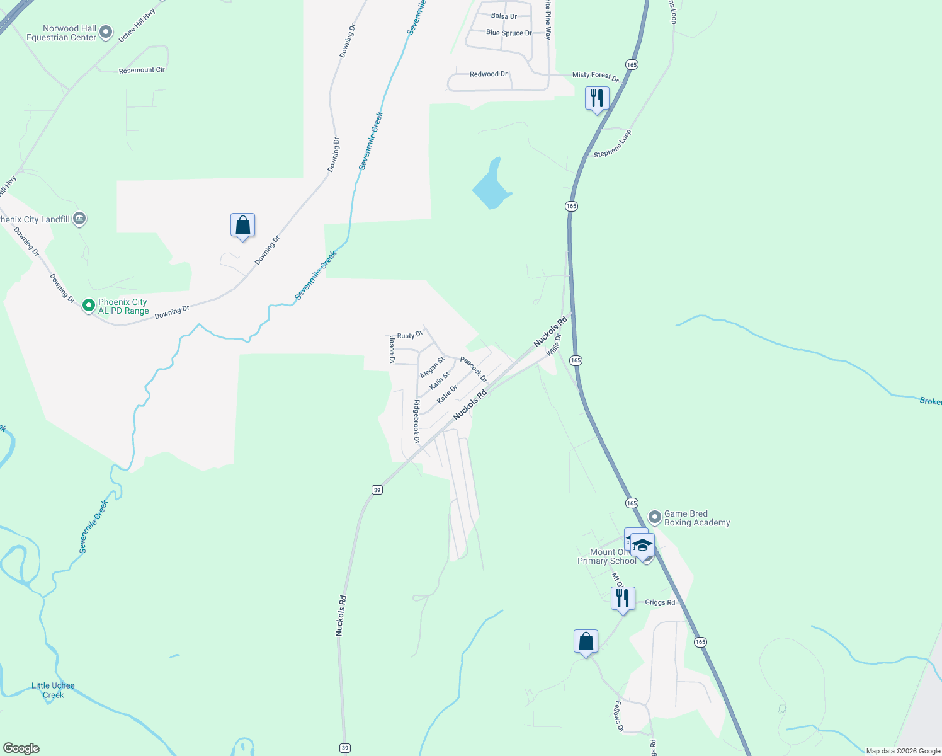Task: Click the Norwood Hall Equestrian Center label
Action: pyautogui.click(x=61, y=33)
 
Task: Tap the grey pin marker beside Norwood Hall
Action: pyautogui.click(x=106, y=31)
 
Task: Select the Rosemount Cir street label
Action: pyautogui.click(x=142, y=70)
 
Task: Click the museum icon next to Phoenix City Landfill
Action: pyautogui.click(x=79, y=219)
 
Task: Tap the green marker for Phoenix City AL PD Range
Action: pyautogui.click(x=89, y=306)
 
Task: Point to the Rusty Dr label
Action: pyautogui.click(x=409, y=335)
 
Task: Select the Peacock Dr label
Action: pyautogui.click(x=474, y=369)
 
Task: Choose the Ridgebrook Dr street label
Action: pyautogui.click(x=416, y=421)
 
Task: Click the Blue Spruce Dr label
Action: pyautogui.click(x=509, y=33)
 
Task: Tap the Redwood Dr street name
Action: pyautogui.click(x=488, y=74)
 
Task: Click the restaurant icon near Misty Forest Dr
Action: pyautogui.click(x=596, y=98)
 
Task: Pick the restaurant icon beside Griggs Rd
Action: pyautogui.click(x=623, y=598)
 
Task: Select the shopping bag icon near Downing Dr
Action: pyautogui.click(x=242, y=225)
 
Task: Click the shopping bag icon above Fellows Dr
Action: pyautogui.click(x=586, y=641)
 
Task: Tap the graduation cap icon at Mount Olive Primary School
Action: pyautogui.click(x=642, y=545)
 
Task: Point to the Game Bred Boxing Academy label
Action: pyautogui.click(x=696, y=518)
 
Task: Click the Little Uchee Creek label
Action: pyautogui.click(x=53, y=690)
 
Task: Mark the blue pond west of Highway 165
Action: pyautogui.click(x=491, y=186)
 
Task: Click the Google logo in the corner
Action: pyautogui.click(x=21, y=748)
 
